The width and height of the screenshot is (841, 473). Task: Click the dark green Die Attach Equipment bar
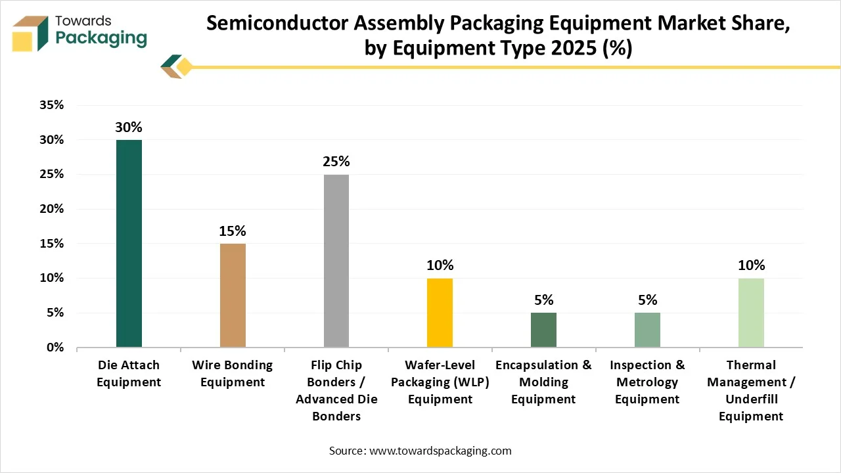click(129, 244)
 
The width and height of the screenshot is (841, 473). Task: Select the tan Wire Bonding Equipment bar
click(233, 296)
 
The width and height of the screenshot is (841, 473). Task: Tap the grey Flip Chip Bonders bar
click(336, 261)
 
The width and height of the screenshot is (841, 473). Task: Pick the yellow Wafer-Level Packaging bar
click(440, 313)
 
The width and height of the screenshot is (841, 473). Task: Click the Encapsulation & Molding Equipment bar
click(543, 330)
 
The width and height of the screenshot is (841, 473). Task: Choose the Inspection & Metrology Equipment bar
click(647, 330)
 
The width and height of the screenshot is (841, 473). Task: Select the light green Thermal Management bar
click(751, 313)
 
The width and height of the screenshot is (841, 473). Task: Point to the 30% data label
click(129, 127)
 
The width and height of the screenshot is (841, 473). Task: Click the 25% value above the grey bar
click(336, 162)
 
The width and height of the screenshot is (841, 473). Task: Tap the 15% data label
click(233, 231)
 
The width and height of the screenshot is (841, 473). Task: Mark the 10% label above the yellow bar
click(440, 265)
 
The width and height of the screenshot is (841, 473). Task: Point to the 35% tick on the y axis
click(51, 105)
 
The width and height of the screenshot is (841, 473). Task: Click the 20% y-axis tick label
click(51, 209)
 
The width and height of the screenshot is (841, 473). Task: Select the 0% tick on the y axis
click(55, 348)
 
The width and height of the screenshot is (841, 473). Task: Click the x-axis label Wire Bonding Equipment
click(233, 373)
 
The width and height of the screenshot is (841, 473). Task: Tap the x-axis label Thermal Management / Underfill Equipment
click(751, 390)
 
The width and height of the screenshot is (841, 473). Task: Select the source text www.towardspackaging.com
click(440, 451)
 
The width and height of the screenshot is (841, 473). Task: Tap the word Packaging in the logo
click(101, 38)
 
